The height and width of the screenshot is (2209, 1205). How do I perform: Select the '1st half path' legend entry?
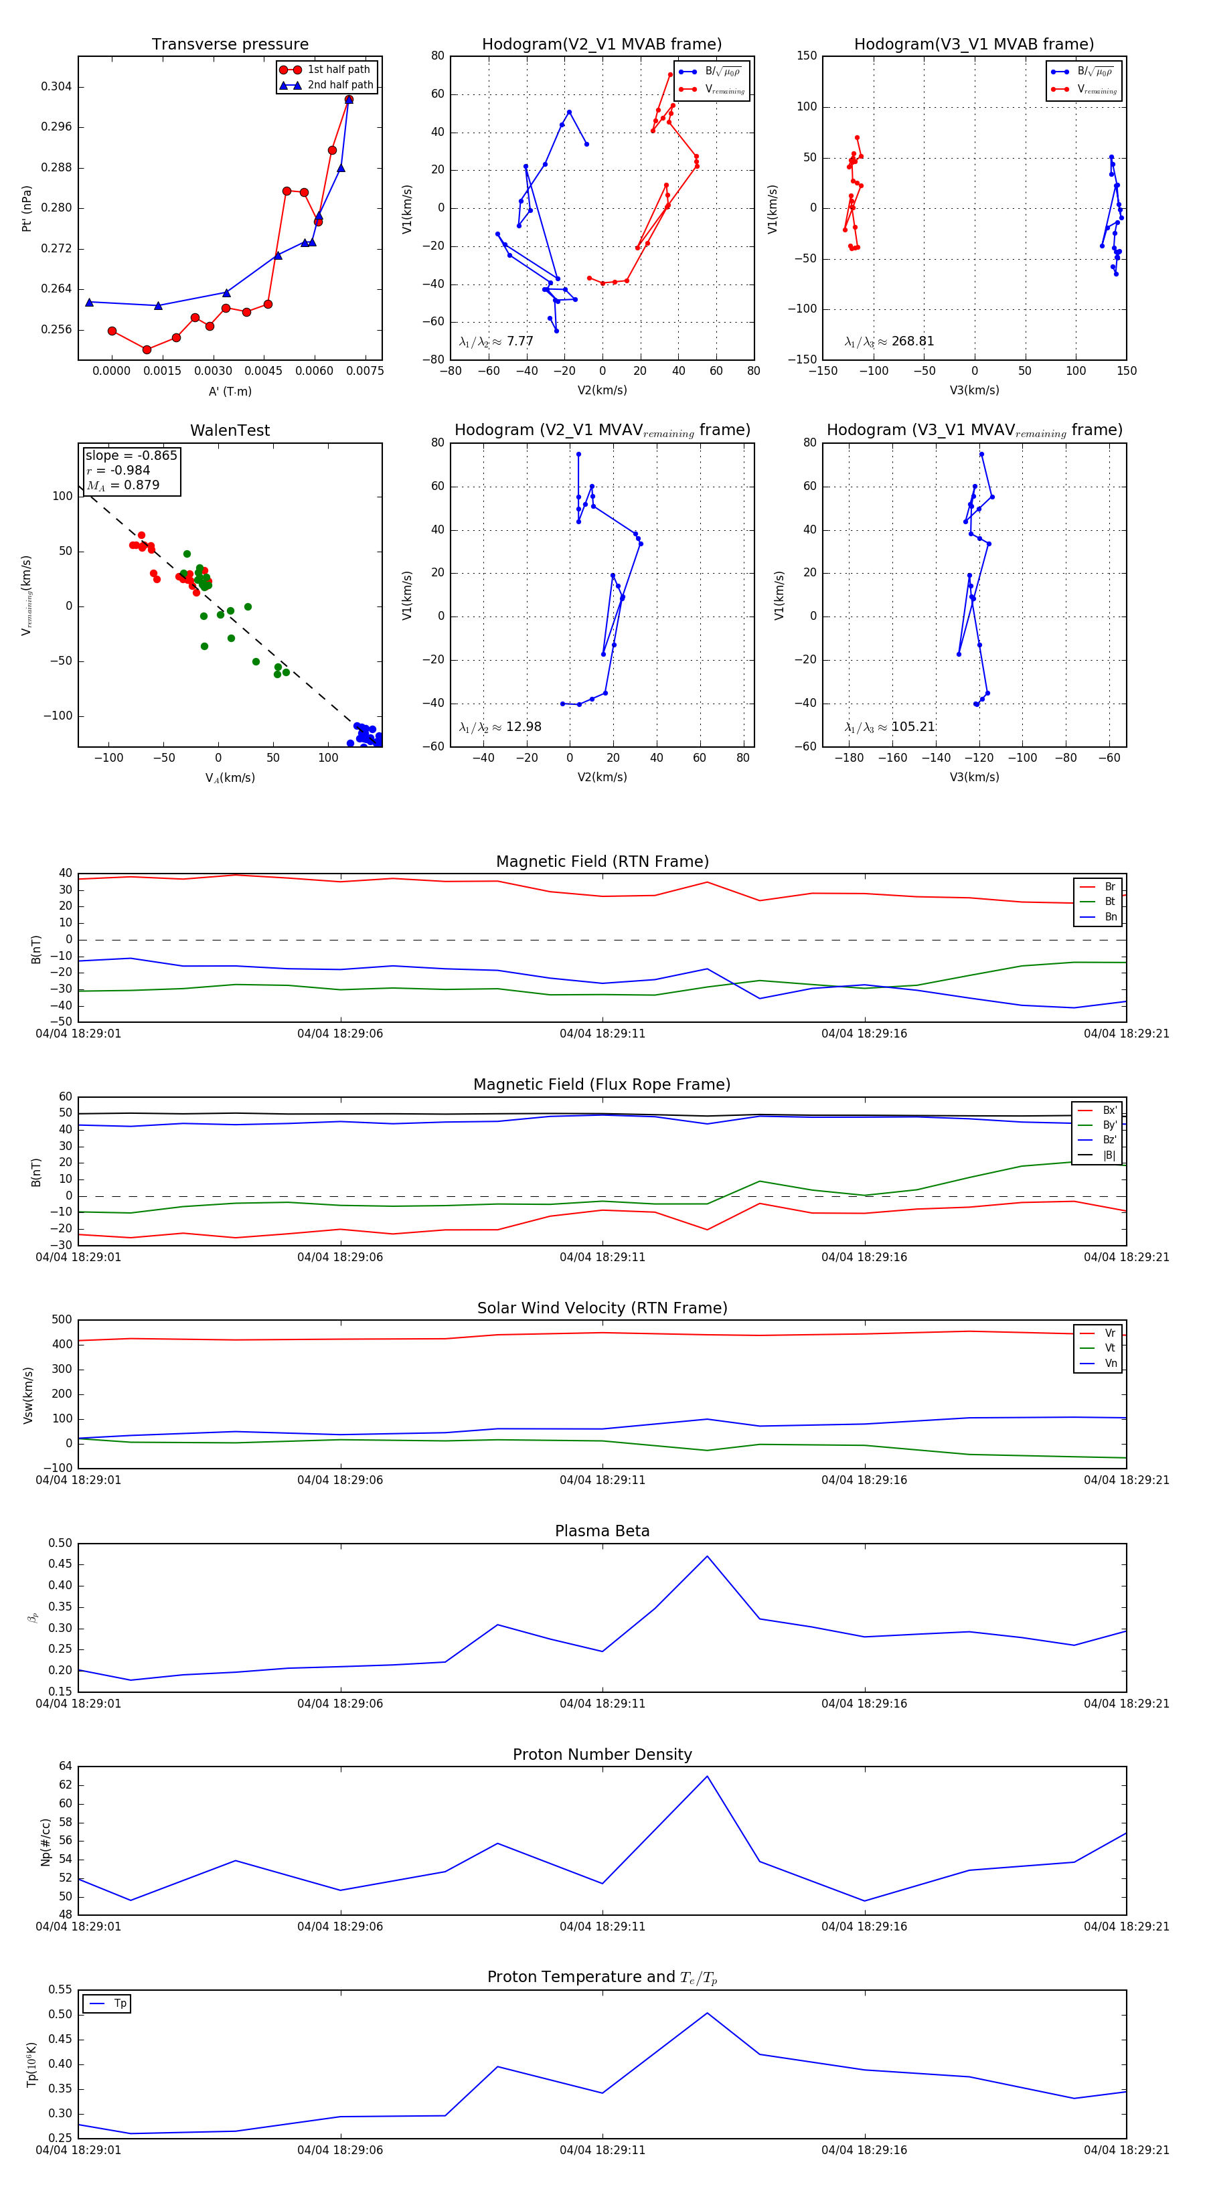point(339,70)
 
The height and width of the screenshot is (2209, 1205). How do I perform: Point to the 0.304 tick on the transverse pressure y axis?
point(57,86)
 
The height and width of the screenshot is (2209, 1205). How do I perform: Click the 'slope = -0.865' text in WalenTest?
point(131,455)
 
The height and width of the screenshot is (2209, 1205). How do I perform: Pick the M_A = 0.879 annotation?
point(123,485)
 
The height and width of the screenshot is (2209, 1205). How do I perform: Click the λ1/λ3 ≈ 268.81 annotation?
point(890,341)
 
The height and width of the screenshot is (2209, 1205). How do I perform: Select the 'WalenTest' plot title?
point(230,430)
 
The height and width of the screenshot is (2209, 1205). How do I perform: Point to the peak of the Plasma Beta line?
point(707,1556)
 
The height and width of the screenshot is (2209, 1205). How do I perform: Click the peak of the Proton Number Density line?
point(707,1776)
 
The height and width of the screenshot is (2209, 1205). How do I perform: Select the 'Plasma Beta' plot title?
point(602,1532)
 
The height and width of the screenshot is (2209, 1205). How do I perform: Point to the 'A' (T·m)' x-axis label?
point(230,391)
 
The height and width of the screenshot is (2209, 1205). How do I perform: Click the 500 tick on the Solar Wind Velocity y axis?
point(62,1320)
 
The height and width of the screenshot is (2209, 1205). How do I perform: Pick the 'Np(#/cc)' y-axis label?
point(46,1841)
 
